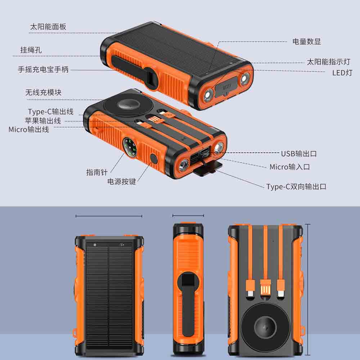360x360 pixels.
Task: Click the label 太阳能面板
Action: click(x=48, y=27)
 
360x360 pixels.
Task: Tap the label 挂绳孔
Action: click(x=31, y=50)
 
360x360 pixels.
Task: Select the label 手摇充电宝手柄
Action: click(x=44, y=69)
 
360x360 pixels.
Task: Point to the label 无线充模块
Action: click(x=44, y=92)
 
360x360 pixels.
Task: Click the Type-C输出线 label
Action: click(x=51, y=112)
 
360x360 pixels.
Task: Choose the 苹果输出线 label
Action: click(x=43, y=121)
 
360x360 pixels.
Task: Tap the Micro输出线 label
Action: click(x=29, y=130)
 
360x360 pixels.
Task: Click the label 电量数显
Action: click(x=306, y=41)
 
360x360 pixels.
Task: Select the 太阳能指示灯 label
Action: click(x=329, y=62)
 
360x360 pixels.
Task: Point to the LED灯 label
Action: click(x=342, y=73)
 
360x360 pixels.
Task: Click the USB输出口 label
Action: click(x=299, y=154)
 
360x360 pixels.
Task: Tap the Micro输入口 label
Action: click(x=290, y=167)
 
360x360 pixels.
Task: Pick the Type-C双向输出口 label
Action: click(x=296, y=186)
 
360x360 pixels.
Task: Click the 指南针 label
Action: click(x=96, y=172)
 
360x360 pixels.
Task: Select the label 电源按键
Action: click(x=121, y=181)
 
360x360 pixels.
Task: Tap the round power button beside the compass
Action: click(x=153, y=159)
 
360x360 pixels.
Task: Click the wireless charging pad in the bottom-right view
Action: click(x=265, y=326)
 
